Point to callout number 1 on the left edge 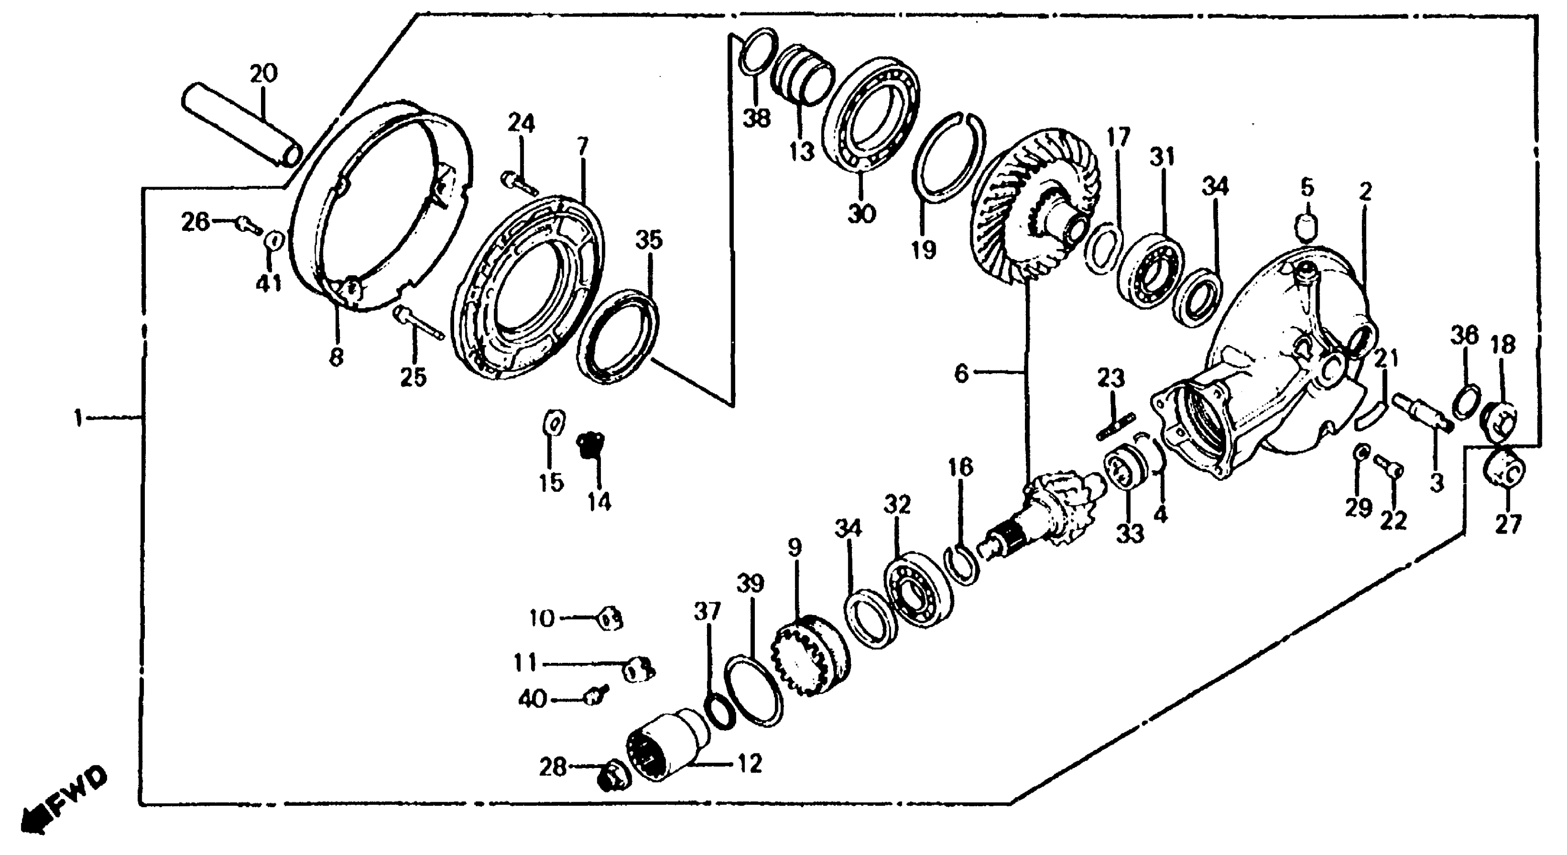pyautogui.click(x=78, y=418)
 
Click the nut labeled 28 pyautogui.click(x=613, y=779)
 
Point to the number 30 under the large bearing pyautogui.click(x=861, y=214)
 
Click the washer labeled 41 pyautogui.click(x=273, y=241)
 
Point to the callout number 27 pyautogui.click(x=1508, y=524)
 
